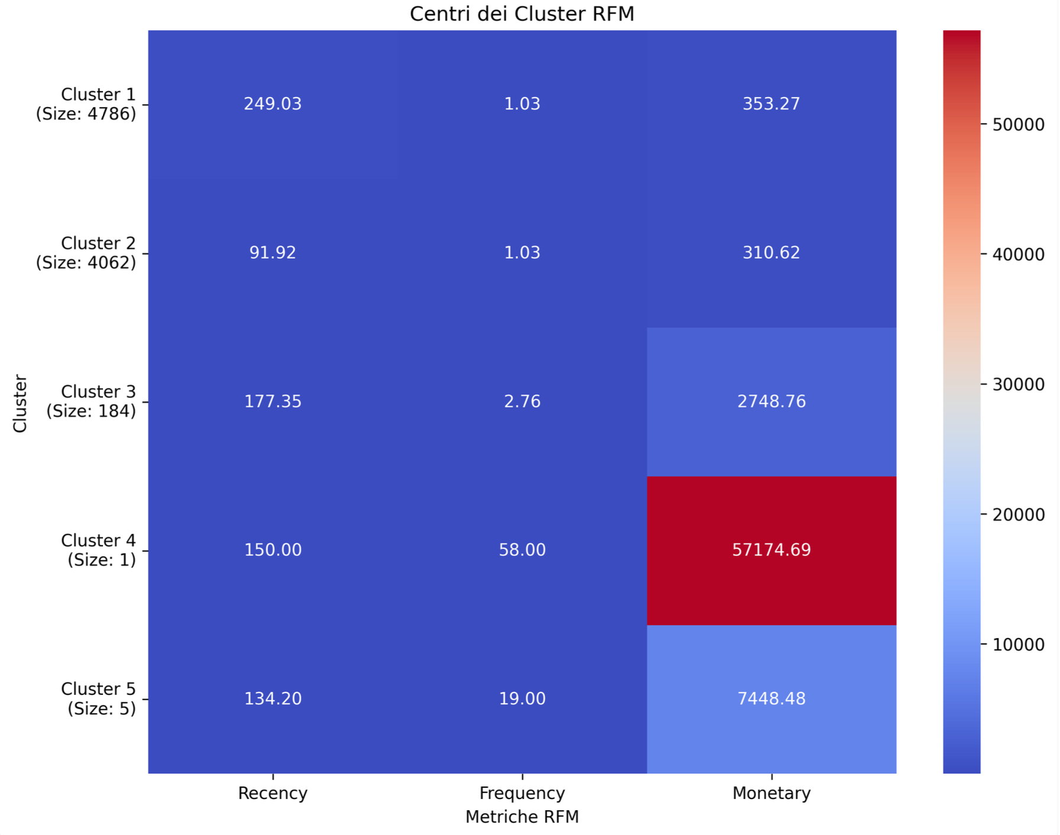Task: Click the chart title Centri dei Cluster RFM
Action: click(522, 14)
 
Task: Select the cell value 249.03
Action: click(273, 104)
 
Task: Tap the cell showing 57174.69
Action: click(771, 550)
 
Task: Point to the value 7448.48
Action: click(771, 699)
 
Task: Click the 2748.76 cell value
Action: click(771, 402)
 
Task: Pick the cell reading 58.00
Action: click(522, 550)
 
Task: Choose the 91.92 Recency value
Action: click(273, 253)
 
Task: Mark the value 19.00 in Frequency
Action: click(522, 699)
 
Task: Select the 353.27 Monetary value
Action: click(771, 104)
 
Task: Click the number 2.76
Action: click(522, 402)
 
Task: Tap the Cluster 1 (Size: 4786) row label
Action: click(86, 104)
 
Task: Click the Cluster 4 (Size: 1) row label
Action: click(99, 550)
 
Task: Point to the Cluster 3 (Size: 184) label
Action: click(92, 402)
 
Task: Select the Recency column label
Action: click(273, 793)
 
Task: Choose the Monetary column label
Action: click(771, 793)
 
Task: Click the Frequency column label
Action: click(522, 793)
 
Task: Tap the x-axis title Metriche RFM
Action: click(522, 817)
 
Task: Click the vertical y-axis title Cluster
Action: click(20, 403)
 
